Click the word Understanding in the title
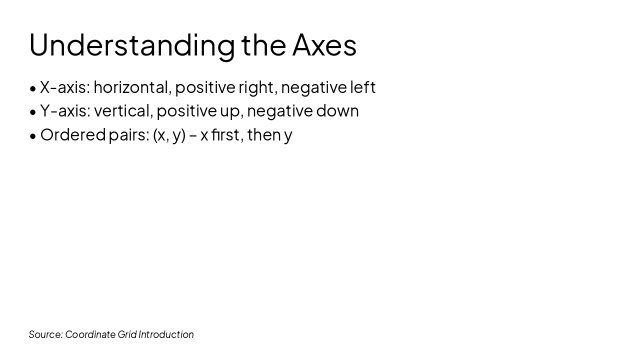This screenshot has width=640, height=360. pyautogui.click(x=132, y=45)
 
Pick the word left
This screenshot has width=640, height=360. pyautogui.click(x=362, y=87)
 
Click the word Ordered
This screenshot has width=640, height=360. pyautogui.click(x=73, y=135)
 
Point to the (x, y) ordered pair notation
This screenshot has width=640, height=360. pyautogui.click(x=169, y=135)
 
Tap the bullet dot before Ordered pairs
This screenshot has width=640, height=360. pyautogui.click(x=33, y=136)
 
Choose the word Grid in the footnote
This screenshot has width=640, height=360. pyautogui.click(x=127, y=334)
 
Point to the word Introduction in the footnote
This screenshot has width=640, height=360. pyautogui.click(x=166, y=334)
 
